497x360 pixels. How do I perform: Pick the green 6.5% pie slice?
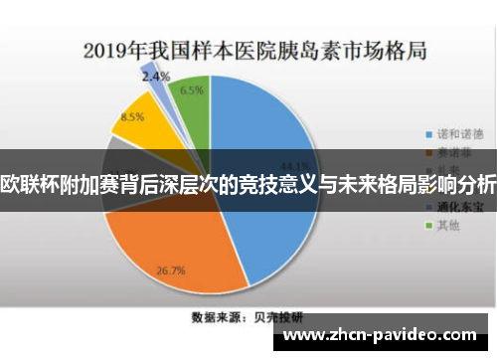191,99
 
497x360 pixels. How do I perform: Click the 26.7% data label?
172,270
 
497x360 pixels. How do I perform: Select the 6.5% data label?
193,89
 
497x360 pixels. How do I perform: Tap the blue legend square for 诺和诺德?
429,133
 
